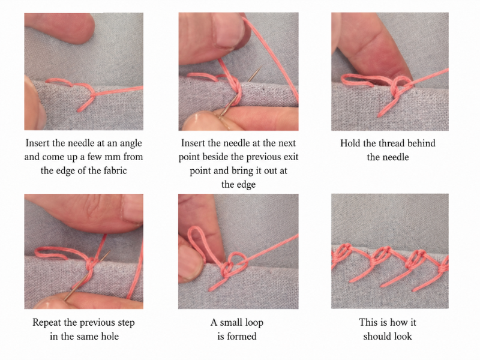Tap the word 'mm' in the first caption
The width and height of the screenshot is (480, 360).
pos(113,157)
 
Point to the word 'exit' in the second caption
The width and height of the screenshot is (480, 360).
pos(291,157)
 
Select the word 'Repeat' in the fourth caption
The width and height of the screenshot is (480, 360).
pos(46,323)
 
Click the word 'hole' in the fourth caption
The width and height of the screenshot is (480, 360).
pos(110,336)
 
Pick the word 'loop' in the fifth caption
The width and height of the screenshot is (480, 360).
pos(254,323)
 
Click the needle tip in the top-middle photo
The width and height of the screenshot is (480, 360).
pos(260,67)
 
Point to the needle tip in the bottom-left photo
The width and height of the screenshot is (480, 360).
pos(109,251)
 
